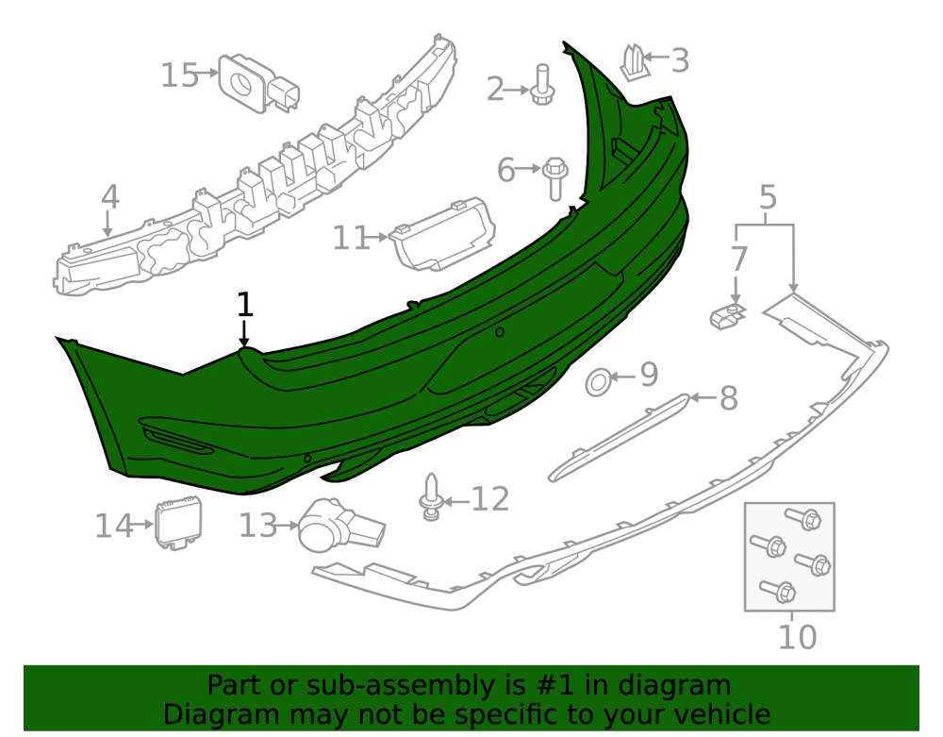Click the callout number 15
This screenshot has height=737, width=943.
(x=179, y=75)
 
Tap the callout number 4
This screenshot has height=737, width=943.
(x=110, y=196)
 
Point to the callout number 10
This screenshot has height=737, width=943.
(x=798, y=637)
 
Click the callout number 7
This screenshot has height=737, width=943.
(x=739, y=259)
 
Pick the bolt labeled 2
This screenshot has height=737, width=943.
(x=542, y=85)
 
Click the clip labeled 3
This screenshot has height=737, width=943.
(x=633, y=62)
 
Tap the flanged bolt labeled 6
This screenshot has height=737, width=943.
(x=555, y=178)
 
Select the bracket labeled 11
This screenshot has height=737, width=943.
(x=442, y=235)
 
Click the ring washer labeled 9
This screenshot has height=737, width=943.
(x=599, y=382)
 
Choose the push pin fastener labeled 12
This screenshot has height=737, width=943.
(x=431, y=497)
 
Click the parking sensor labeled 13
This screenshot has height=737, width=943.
(x=340, y=526)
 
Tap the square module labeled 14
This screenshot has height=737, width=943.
(x=178, y=523)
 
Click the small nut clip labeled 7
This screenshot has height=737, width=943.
(x=728, y=316)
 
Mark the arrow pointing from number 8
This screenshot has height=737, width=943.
(x=703, y=397)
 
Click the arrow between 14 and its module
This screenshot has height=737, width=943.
(x=143, y=525)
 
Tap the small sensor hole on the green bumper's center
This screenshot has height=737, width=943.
(x=499, y=332)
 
